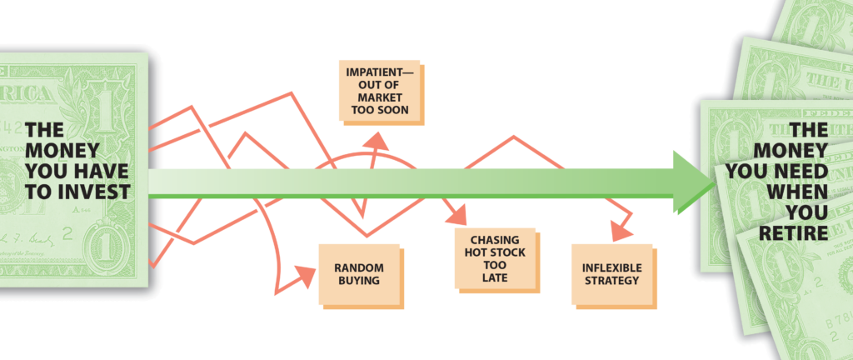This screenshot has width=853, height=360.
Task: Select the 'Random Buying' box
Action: click(359, 274)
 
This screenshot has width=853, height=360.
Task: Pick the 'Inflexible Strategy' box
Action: click(611, 274)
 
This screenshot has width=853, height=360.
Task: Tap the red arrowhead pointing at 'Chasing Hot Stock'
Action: click(457, 218)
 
